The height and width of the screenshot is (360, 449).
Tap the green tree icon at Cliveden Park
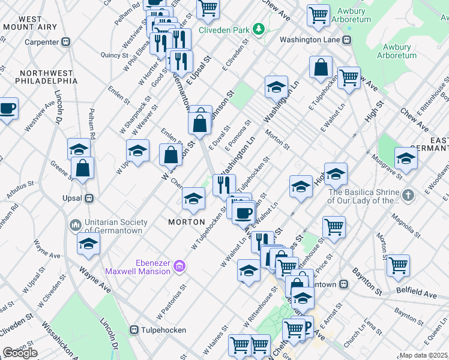point(259,28)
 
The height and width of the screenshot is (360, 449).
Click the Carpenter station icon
point(66,42)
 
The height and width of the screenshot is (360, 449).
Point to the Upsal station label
point(71,197)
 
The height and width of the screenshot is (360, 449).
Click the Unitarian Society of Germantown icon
point(76,225)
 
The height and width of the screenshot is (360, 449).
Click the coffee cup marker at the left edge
point(7,109)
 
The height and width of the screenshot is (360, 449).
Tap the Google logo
point(20,353)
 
